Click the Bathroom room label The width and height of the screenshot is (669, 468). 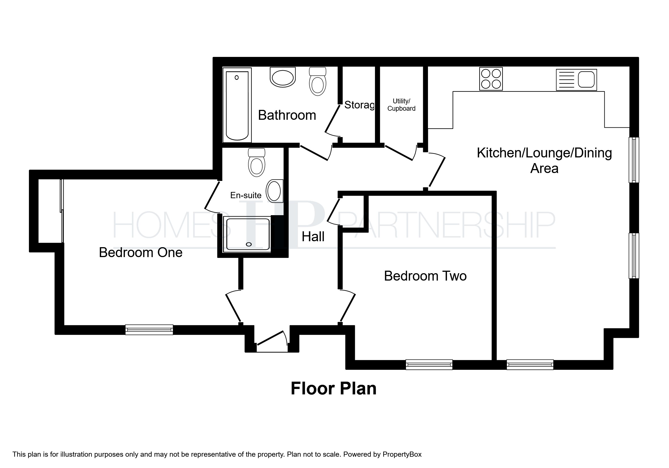[287, 115]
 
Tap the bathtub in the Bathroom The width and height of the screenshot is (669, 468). [237, 105]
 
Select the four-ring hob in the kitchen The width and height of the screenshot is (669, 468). [491, 79]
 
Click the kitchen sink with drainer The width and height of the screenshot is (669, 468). [576, 80]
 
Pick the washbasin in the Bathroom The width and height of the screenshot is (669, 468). [283, 77]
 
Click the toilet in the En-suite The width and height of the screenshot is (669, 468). [257, 162]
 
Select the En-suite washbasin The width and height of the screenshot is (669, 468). [274, 191]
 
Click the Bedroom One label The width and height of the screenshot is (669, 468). [141, 253]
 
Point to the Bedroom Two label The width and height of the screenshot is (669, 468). [425, 276]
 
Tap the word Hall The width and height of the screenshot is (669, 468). [313, 237]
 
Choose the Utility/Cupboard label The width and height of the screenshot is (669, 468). [401, 105]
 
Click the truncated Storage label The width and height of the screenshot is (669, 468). [359, 105]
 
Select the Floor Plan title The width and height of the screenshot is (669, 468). [334, 388]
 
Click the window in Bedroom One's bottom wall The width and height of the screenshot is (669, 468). [149, 330]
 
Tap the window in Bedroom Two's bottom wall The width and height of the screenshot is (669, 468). [429, 365]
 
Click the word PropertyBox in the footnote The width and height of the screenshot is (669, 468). [402, 455]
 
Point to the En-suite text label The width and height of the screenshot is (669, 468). [246, 195]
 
